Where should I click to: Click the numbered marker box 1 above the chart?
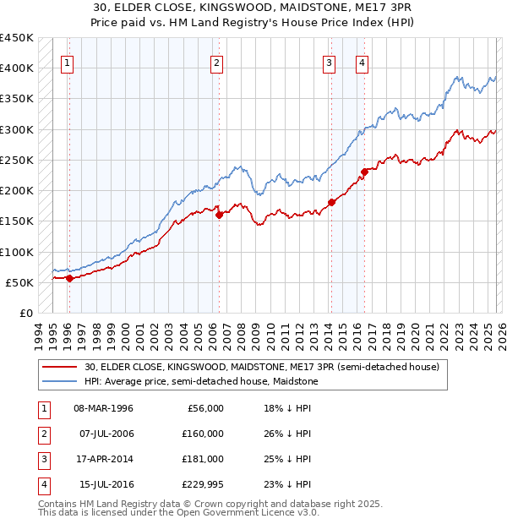coord(67,62)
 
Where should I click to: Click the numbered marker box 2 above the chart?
coord(217,62)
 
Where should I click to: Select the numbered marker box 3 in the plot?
coord(329,62)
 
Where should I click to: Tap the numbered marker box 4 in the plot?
coord(362,62)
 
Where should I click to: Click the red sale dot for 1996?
coord(69,278)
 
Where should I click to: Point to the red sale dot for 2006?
coord(219,215)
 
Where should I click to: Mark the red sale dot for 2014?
coord(331,202)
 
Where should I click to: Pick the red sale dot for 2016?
coord(364,172)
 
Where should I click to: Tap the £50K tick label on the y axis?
coord(20,282)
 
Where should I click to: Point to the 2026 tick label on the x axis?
coord(500,334)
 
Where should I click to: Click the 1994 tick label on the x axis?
coord(39,334)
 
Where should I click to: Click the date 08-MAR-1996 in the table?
coord(103,408)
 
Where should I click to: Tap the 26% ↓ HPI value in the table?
coord(286,434)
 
